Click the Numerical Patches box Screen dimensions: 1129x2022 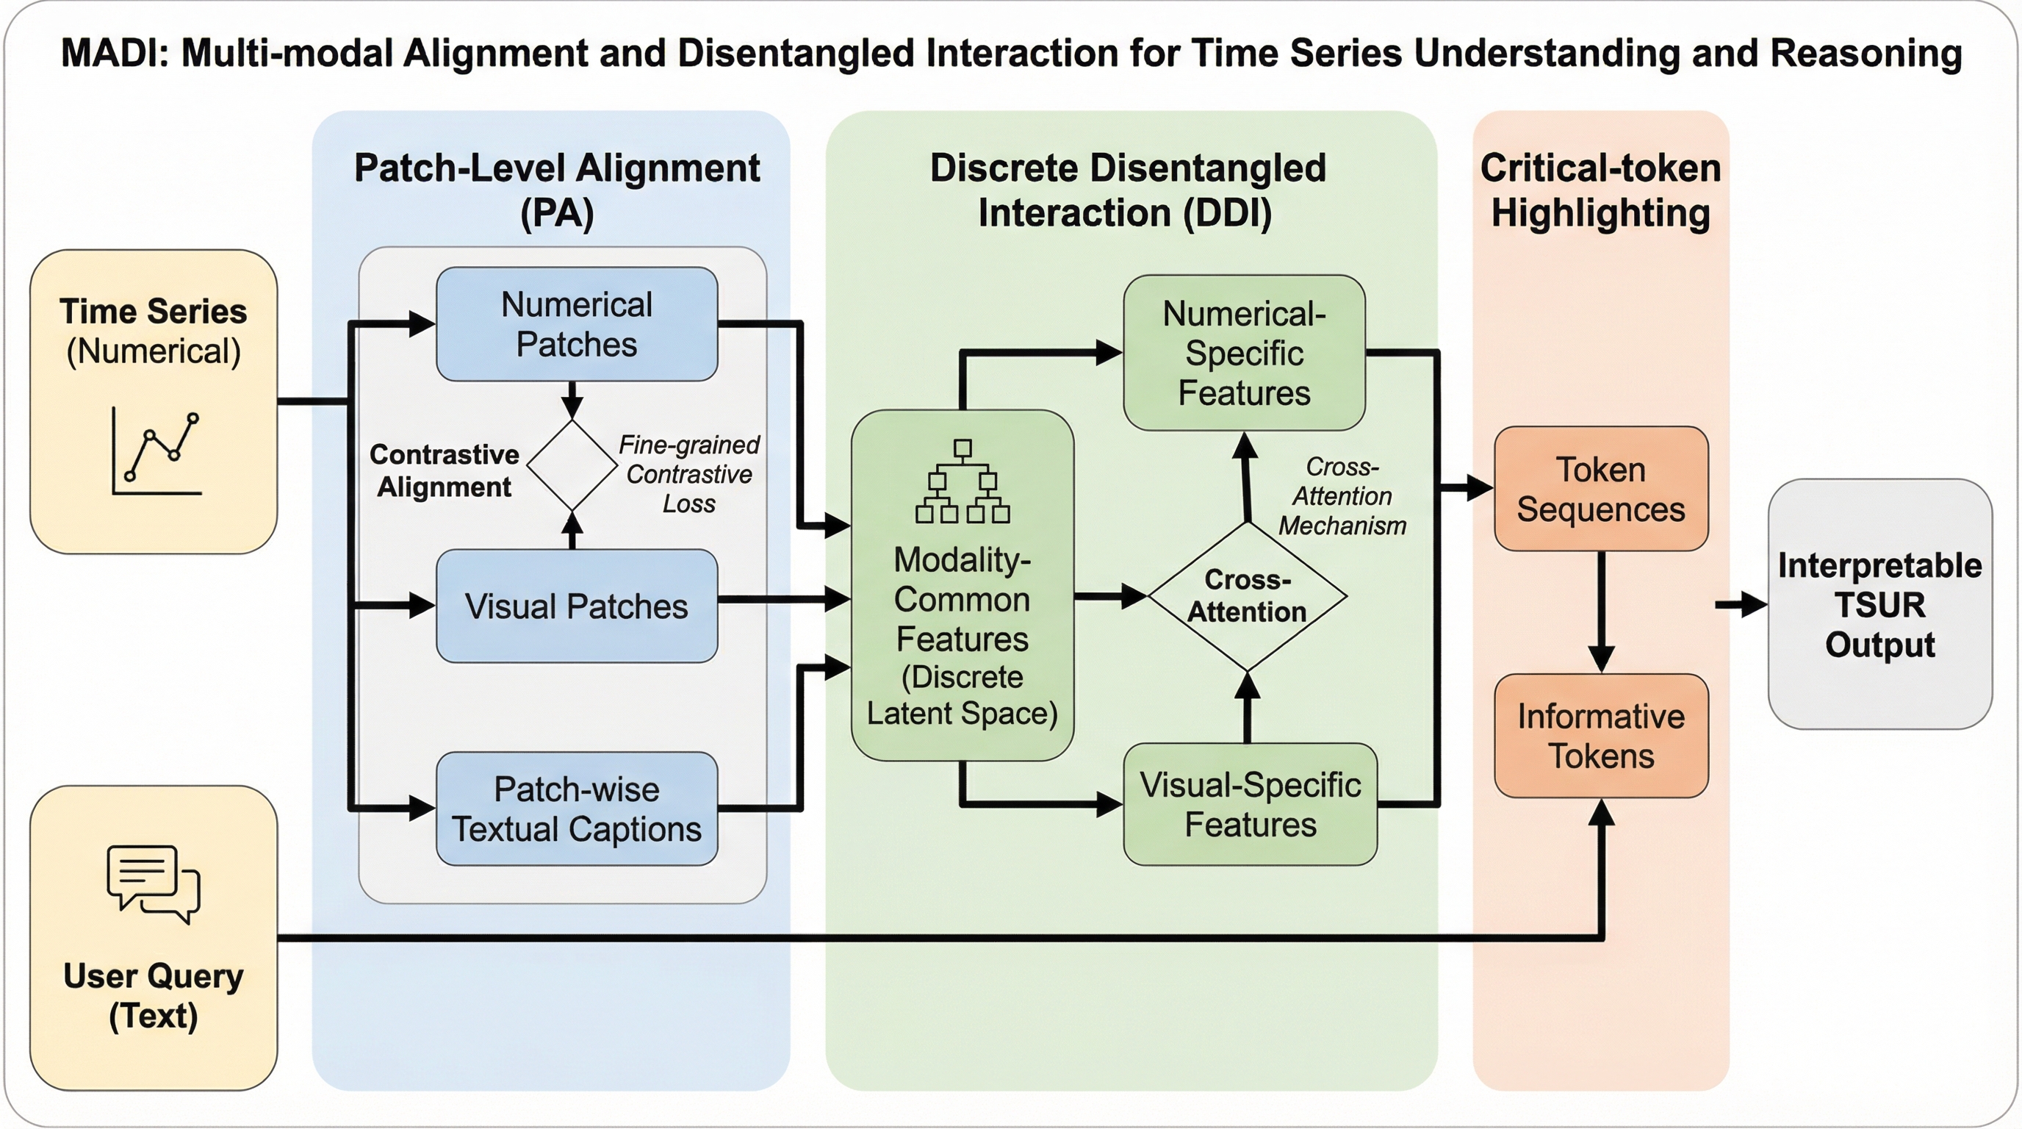click(576, 324)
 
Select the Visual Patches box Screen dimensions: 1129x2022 click(576, 606)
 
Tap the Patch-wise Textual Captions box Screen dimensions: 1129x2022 click(576, 809)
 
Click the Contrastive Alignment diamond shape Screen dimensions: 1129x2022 click(572, 465)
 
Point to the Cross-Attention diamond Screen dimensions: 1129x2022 click(1248, 597)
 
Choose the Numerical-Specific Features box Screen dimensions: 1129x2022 click(1244, 353)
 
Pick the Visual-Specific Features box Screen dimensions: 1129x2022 click(1250, 804)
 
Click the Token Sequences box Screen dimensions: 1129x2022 click(1600, 489)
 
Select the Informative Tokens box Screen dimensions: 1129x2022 click(1600, 736)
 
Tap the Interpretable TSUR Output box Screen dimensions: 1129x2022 click(1879, 604)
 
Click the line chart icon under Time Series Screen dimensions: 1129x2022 click(156, 451)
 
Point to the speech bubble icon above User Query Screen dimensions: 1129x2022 click(154, 884)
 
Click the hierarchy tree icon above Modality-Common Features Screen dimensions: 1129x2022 click(963, 481)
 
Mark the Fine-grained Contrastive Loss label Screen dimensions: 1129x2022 click(688, 474)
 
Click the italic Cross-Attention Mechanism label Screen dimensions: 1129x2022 click(1342, 496)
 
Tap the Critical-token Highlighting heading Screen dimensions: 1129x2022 click(1600, 190)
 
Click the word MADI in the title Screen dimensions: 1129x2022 click(115, 54)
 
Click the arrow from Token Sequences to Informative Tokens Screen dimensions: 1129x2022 click(1600, 612)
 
